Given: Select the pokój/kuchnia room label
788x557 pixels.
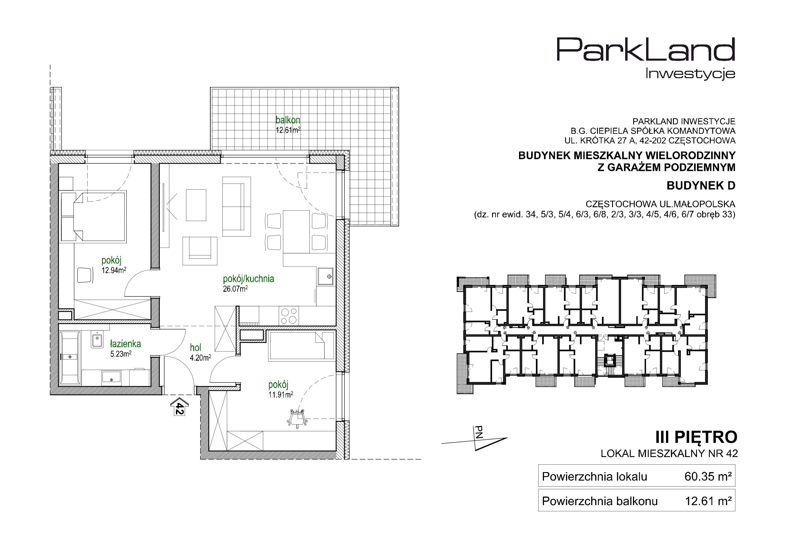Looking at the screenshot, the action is [x=248, y=279].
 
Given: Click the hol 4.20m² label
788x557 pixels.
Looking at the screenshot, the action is [x=201, y=352].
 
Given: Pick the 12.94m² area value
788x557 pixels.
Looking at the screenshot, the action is [x=114, y=270].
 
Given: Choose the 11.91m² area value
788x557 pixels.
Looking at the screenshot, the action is [x=281, y=395].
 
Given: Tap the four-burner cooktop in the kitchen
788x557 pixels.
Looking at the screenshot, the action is [x=289, y=316].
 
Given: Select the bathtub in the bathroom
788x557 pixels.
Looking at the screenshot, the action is [x=70, y=357].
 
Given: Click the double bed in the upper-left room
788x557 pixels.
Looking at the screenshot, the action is [x=94, y=216].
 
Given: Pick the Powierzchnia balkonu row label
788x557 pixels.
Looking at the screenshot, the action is [x=600, y=501].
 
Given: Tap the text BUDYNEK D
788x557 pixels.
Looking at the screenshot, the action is [x=701, y=186].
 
